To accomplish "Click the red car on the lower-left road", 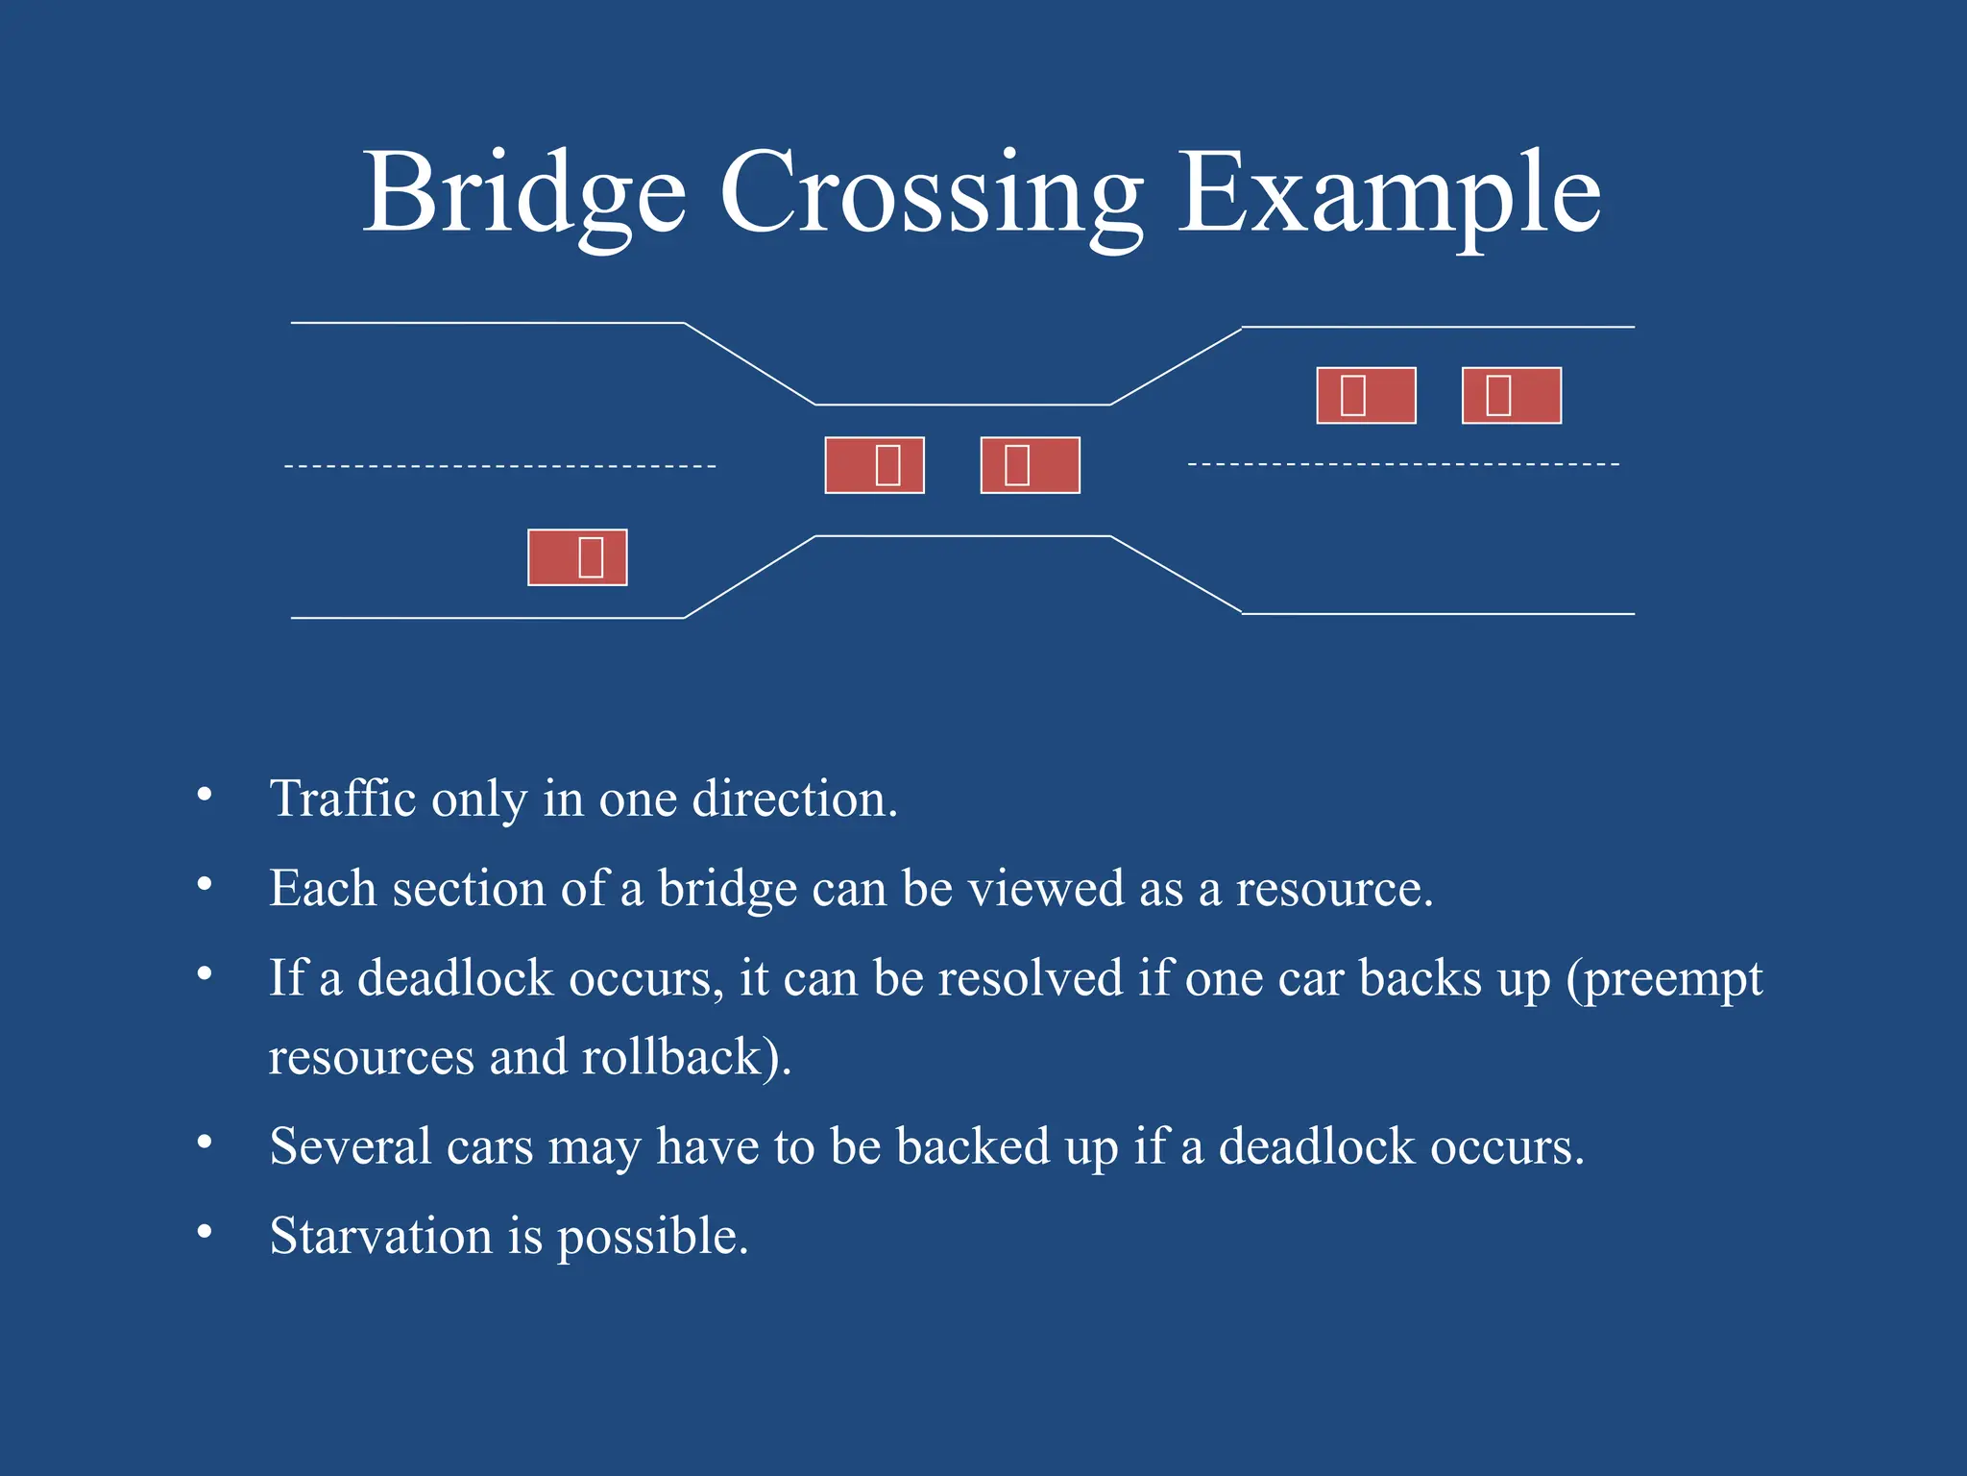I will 577,557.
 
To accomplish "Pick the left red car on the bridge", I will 874,465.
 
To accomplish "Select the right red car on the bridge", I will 1030,465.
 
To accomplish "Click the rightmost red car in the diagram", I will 1511,395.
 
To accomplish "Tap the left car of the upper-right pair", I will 1366,395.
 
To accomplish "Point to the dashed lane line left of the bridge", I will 499,466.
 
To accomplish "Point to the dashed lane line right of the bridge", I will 1402,464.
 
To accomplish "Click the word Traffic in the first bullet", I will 343,799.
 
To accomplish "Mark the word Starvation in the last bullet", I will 380,1236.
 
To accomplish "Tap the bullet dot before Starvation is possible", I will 204,1232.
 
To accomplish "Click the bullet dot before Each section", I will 204,884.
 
